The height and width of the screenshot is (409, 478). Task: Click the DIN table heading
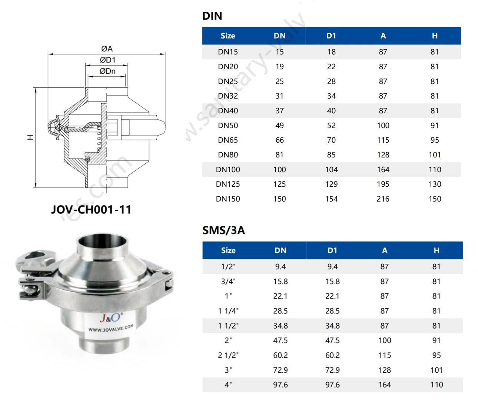pyautogui.click(x=212, y=16)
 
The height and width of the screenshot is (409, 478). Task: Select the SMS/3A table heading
pyautogui.click(x=223, y=230)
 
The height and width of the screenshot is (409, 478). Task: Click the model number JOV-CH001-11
pyautogui.click(x=91, y=210)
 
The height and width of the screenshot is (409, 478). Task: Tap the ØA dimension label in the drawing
pyautogui.click(x=107, y=49)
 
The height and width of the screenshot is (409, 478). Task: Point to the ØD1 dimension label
pyautogui.click(x=107, y=60)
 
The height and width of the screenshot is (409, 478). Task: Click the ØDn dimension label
pyautogui.click(x=107, y=71)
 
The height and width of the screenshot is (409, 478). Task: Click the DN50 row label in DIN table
pyautogui.click(x=228, y=126)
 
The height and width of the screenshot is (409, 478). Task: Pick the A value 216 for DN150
pyautogui.click(x=383, y=199)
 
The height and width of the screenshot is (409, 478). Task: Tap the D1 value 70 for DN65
pyautogui.click(x=331, y=140)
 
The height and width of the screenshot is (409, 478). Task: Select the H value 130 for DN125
pyautogui.click(x=435, y=184)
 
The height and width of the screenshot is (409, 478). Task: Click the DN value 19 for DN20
pyautogui.click(x=279, y=67)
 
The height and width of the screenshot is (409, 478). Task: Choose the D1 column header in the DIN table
pyautogui.click(x=331, y=36)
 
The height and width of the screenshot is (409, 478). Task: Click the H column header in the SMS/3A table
pyautogui.click(x=436, y=250)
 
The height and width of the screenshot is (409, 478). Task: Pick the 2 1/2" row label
pyautogui.click(x=228, y=355)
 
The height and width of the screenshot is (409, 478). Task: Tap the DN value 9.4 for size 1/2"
pyautogui.click(x=281, y=267)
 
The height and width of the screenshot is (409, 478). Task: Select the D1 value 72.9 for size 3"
pyautogui.click(x=332, y=370)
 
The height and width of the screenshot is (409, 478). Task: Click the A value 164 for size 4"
pyautogui.click(x=385, y=385)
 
